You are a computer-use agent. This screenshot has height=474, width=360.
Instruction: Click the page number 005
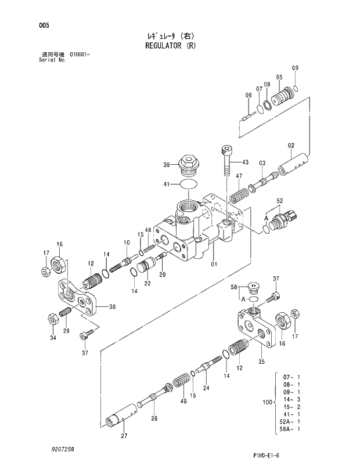[x=44, y=25]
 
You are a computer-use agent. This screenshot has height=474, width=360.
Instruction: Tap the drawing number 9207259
[x=62, y=450]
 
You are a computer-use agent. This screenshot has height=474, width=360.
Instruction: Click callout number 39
[x=167, y=165]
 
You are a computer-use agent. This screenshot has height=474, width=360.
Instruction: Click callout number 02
[x=291, y=146]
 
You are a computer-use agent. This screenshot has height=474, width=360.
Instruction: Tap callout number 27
[x=124, y=436]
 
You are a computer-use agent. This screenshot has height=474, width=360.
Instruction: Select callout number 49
[x=183, y=401]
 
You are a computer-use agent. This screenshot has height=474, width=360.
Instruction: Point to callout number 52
[x=279, y=201]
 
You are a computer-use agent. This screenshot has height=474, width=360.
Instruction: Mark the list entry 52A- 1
[x=290, y=422]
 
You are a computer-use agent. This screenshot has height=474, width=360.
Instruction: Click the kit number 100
[x=267, y=401]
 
